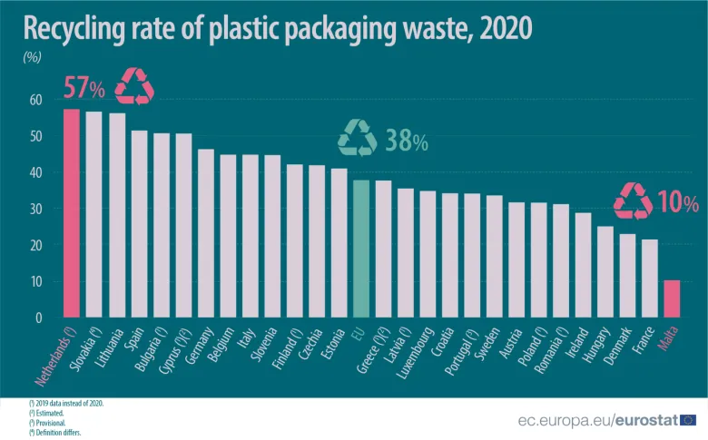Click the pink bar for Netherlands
[x=71, y=213]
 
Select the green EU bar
[x=361, y=249]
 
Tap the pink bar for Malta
[x=671, y=299]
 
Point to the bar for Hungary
[x=605, y=272]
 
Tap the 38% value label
[x=406, y=141]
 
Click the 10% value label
[x=678, y=202]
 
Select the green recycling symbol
[x=357, y=138]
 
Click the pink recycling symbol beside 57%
[x=134, y=86]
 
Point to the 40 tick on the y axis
[x=37, y=172]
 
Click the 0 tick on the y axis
[x=39, y=318]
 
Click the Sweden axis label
[x=490, y=342]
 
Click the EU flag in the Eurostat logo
[x=688, y=419]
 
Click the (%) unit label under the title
[x=32, y=56]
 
